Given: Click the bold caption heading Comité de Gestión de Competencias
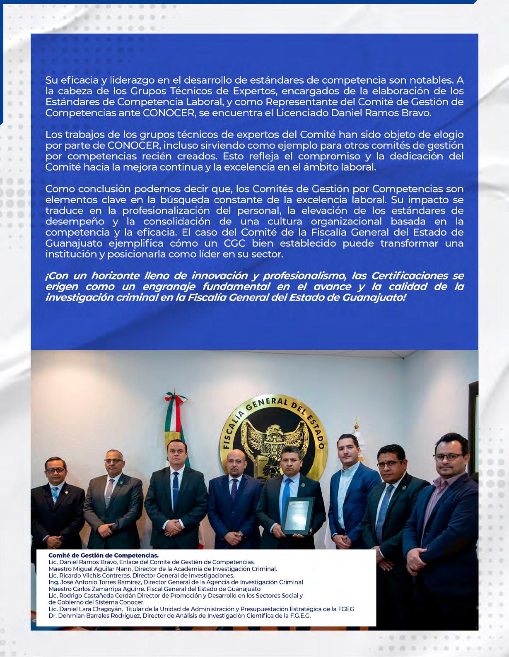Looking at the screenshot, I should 103,555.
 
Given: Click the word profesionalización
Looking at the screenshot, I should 170,211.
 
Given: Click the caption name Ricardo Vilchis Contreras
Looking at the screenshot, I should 95,575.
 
